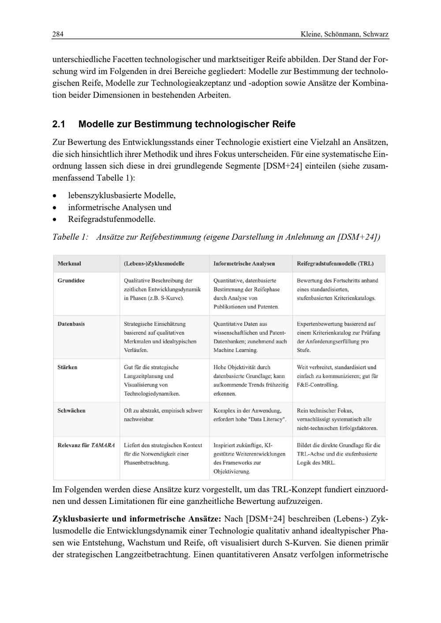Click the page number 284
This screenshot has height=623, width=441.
[58, 34]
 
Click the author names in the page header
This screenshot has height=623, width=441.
[344, 34]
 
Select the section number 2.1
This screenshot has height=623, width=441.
[59, 124]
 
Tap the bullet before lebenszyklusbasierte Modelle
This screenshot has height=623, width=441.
[54, 196]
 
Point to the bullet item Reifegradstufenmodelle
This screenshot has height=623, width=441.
[112, 219]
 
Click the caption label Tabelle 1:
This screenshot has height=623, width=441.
[71, 237]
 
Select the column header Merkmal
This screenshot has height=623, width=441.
[69, 263]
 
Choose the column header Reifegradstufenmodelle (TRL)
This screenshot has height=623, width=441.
[335, 263]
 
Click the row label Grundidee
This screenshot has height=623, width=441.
[71, 281]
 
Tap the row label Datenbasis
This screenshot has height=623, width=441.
[71, 324]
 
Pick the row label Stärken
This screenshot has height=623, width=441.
[67, 367]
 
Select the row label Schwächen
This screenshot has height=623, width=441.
[71, 411]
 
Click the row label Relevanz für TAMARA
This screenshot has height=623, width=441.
[86, 445]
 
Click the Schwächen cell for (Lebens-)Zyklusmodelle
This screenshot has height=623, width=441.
[163, 415]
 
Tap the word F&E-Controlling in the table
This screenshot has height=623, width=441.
[318, 385]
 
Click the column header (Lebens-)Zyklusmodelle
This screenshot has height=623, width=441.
[154, 263]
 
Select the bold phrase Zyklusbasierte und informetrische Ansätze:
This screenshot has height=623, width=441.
[137, 519]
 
